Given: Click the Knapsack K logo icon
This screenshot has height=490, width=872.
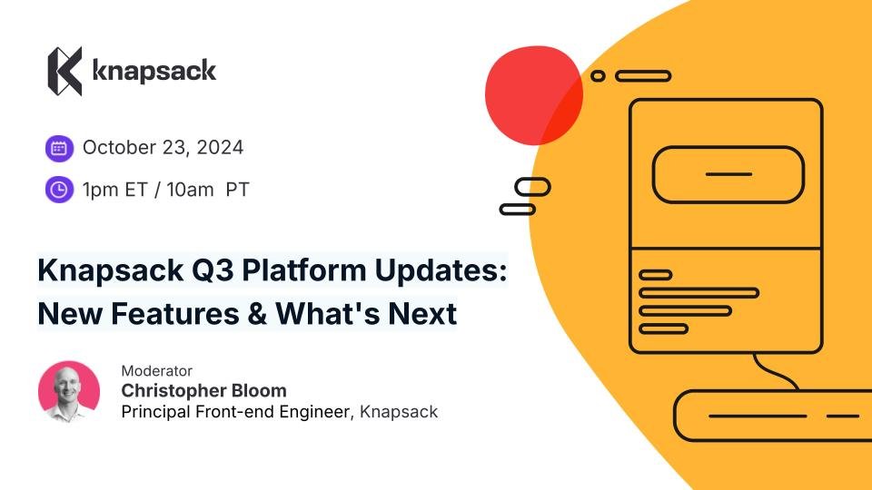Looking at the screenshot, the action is (x=65, y=71).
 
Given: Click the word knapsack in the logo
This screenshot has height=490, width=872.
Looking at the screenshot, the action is (x=154, y=71).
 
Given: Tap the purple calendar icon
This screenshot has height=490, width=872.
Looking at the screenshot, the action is (x=60, y=148).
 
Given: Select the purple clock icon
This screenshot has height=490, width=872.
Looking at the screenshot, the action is (x=60, y=190).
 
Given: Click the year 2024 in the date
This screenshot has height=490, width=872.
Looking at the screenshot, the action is (x=220, y=147).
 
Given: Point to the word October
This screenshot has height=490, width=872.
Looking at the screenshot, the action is (x=119, y=147).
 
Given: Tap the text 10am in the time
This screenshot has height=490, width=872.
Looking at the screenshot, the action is (x=190, y=190).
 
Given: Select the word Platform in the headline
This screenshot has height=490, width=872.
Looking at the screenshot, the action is (x=304, y=271).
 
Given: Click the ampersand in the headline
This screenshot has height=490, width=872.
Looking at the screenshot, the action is (x=257, y=314).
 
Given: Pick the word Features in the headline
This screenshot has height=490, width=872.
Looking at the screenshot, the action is (x=175, y=314).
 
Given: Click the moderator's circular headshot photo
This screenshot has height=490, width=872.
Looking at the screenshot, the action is (x=69, y=392).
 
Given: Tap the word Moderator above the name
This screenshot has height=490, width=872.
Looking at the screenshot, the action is (x=157, y=370).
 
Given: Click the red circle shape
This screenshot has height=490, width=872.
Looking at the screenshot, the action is (x=534, y=95).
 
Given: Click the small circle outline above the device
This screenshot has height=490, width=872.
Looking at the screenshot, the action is (x=598, y=76).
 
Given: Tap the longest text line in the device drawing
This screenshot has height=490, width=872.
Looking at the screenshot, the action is (x=699, y=293).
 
